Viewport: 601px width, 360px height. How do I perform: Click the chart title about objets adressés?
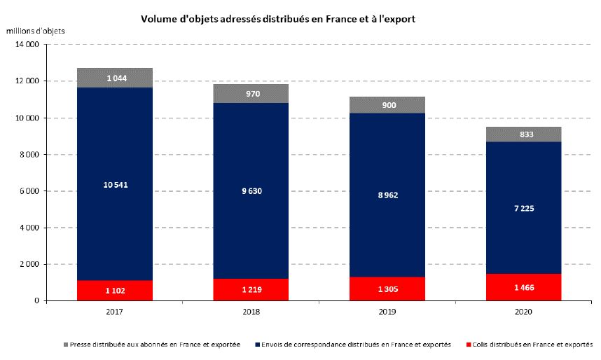[278, 19]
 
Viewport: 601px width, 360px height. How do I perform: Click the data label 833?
[526, 134]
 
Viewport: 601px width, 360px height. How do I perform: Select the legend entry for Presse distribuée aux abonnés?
[156, 345]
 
